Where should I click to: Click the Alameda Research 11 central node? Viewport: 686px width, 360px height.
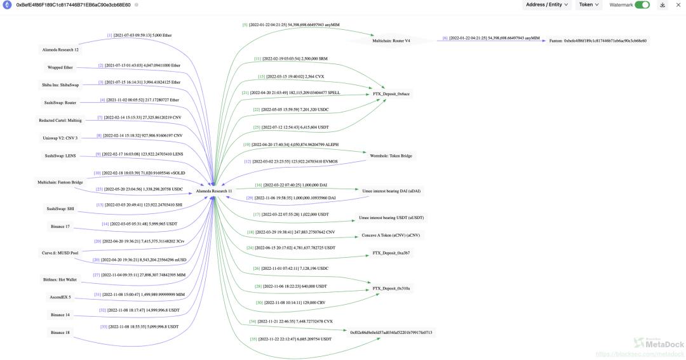point(214,190)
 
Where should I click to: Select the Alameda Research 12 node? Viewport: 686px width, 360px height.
point(58,50)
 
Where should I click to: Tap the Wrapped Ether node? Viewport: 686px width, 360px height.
point(60,67)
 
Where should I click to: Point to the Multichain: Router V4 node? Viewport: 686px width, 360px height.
point(391,41)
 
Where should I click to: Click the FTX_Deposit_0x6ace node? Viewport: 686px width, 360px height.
point(391,94)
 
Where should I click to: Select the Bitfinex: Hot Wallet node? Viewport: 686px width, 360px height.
point(60,279)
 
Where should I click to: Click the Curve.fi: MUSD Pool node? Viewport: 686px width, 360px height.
point(60,252)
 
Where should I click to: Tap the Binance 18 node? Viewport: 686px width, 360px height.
point(60,332)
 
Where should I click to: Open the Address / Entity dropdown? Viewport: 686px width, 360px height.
point(547,5)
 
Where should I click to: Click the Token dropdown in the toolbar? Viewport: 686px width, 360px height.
point(589,5)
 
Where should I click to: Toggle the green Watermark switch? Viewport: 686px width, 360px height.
point(642,5)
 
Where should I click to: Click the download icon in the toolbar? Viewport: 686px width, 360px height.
point(662,5)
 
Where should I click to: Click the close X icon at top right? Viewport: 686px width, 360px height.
point(678,5)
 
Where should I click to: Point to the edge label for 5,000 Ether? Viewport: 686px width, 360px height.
point(139,36)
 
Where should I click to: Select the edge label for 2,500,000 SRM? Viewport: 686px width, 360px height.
point(290,58)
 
